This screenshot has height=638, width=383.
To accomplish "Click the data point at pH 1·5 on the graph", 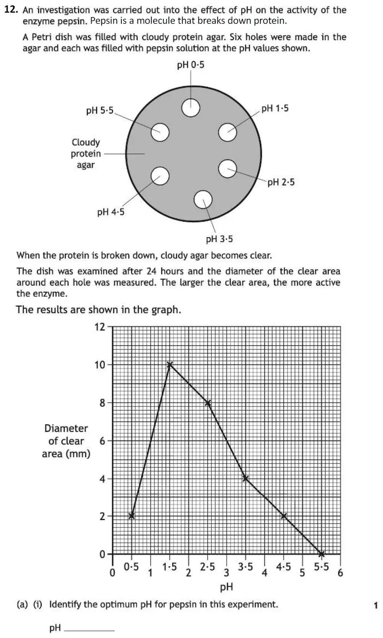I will pos(170,364).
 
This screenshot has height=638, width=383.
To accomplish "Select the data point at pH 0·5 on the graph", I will pos(131,516).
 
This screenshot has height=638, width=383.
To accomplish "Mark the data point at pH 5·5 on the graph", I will pos(321,554).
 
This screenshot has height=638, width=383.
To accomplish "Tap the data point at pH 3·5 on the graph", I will pos(246,478).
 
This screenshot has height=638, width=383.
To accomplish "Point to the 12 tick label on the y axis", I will pos(100,327).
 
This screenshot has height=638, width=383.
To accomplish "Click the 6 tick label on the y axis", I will pos(102,441).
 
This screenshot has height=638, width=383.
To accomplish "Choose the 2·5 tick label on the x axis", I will pos(207,567).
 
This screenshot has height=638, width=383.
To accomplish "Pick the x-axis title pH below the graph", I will pos(226,587).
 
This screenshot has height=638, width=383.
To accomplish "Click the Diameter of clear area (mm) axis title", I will pos(66,441).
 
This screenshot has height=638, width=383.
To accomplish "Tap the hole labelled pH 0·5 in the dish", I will pos(191,108).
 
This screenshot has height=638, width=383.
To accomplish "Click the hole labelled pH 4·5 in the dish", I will pos(160,176).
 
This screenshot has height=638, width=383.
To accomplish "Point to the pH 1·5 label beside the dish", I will pos(275,109).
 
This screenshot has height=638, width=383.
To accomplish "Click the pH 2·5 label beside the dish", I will pos(281,182).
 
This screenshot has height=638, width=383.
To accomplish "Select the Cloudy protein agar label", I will pos(86,153).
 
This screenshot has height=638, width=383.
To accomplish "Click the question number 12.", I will pos(11,10).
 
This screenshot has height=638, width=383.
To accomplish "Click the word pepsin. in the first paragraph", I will pos(73,21).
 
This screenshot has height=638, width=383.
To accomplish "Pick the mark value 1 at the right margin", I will pos(375,605).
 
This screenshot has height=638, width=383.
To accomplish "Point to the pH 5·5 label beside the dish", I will pos(100,111).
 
